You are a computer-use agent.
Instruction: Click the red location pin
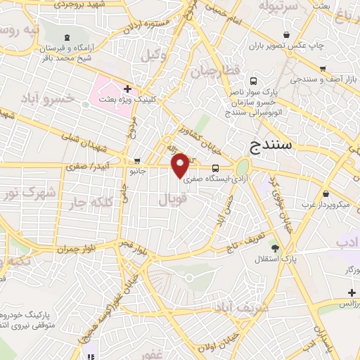point(181,164)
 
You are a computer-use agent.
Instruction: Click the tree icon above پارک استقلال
point(275,247)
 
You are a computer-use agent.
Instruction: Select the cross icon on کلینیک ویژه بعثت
point(127,89)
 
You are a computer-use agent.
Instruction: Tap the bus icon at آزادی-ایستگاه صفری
point(215,168)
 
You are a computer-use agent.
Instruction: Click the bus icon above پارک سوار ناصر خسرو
point(252,81)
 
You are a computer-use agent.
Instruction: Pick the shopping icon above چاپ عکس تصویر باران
point(285,34)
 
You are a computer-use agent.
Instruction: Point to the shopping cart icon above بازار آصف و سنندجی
point(323,68)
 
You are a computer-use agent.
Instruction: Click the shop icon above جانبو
point(137,160)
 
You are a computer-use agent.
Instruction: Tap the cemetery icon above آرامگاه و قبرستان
point(67,37)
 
